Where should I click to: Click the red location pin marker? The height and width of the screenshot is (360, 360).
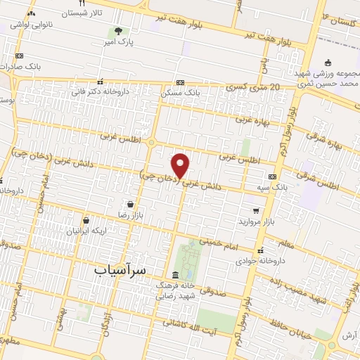coord(181,166)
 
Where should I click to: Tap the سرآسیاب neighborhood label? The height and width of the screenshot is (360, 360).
coord(122,269)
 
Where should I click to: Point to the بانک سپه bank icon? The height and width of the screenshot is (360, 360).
coord(272,176)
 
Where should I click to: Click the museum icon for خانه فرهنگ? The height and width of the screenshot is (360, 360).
coord(175,274)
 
